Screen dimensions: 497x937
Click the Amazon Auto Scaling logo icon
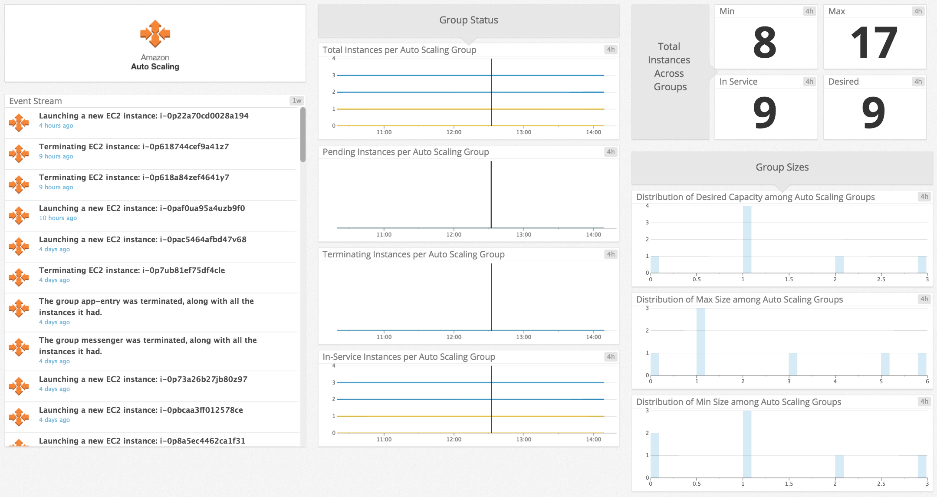(155, 34)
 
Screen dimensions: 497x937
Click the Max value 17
(874, 43)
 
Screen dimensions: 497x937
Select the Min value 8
(765, 43)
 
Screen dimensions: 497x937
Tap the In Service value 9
(765, 113)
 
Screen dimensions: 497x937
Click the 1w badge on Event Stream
(297, 101)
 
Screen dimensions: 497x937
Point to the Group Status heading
(468, 20)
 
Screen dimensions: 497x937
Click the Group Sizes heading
(782, 167)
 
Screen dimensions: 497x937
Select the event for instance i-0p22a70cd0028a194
(144, 116)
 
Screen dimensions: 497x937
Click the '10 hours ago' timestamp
(58, 218)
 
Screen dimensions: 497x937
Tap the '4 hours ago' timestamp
(56, 125)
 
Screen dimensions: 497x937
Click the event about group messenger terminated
(148, 346)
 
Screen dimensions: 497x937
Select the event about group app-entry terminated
(146, 306)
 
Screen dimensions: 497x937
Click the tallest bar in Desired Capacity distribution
(747, 239)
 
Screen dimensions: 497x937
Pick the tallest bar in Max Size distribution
(700, 341)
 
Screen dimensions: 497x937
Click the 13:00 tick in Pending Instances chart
(523, 234)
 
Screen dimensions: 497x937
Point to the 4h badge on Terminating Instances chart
(611, 254)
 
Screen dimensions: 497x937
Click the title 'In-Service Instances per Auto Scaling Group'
(408, 357)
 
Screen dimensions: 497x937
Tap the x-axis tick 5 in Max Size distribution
(881, 382)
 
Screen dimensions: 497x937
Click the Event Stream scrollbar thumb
(303, 135)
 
